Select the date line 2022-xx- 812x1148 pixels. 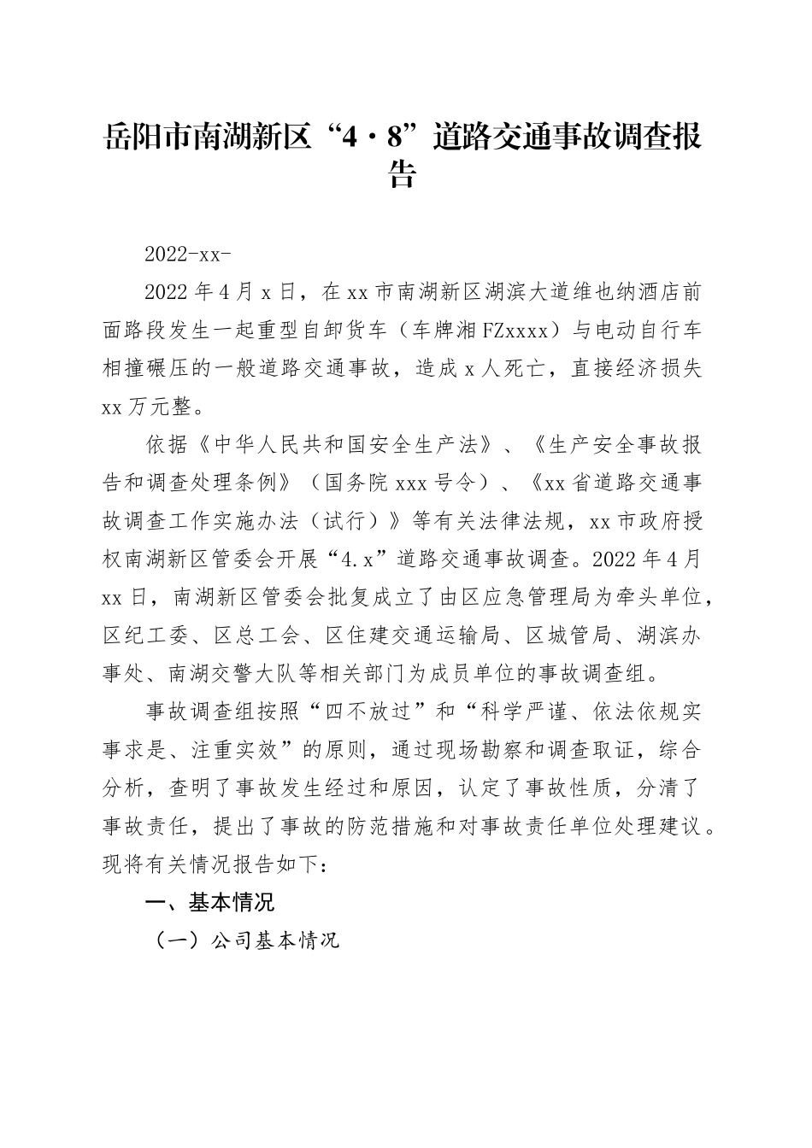tap(189, 255)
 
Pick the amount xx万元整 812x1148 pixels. tap(153, 407)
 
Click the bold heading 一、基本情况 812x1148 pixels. tap(210, 903)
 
